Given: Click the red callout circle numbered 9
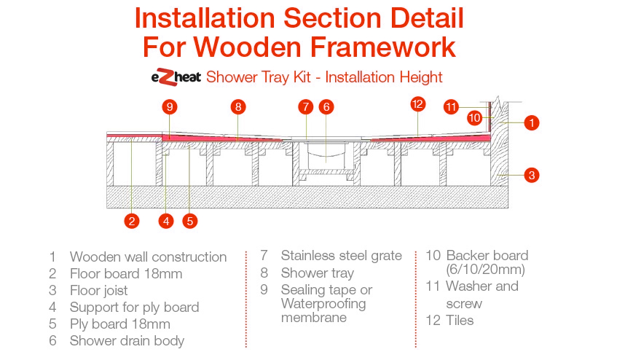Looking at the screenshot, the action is point(170,107).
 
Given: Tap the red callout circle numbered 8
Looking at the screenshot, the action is point(238,107).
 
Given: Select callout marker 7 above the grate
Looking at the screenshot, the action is point(306,107).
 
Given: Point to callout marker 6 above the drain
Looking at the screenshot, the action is point(326,107).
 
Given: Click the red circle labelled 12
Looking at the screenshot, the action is point(417,104).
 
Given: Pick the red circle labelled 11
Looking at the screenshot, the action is point(451,107).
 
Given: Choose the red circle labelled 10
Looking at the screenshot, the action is point(474,117).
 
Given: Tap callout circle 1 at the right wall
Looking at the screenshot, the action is point(532,122).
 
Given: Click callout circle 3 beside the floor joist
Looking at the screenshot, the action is point(532,175).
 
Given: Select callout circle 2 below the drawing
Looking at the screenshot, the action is point(132,221).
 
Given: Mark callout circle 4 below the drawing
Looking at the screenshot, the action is point(166,221).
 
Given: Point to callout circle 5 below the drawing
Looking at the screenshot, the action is point(190,221).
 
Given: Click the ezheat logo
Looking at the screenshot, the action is point(176,77).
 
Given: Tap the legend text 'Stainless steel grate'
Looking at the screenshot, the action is point(341,256).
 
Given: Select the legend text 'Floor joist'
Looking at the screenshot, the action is point(99,291).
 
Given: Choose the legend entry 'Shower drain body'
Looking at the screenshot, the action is point(127,341).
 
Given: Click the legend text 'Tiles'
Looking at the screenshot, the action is point(460,320).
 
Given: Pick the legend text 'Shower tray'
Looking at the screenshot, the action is point(318,273).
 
